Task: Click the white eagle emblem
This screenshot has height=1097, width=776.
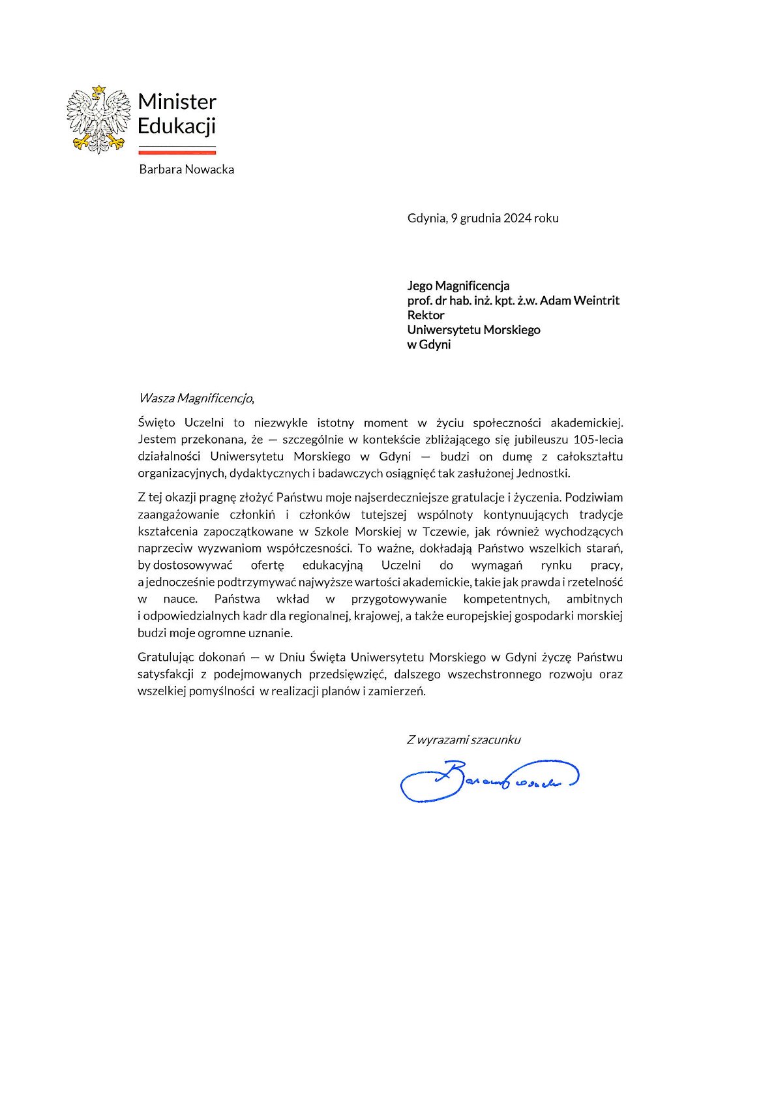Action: pos(98,120)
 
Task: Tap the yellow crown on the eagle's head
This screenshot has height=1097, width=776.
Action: pos(98,89)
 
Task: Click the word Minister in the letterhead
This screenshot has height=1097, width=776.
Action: pos(177,102)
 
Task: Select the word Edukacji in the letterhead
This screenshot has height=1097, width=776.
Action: pos(176,126)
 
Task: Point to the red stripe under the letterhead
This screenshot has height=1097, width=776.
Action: pos(177,152)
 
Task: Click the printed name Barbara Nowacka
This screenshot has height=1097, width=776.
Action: pos(187,170)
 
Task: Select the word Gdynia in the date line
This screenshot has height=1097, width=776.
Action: pos(426,218)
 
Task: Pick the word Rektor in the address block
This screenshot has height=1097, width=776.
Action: pos(426,315)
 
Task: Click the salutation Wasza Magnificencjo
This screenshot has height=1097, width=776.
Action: pos(195,398)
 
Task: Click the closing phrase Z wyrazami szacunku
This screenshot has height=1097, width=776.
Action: pos(464,740)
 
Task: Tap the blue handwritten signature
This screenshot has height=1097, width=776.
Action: pos(489,779)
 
